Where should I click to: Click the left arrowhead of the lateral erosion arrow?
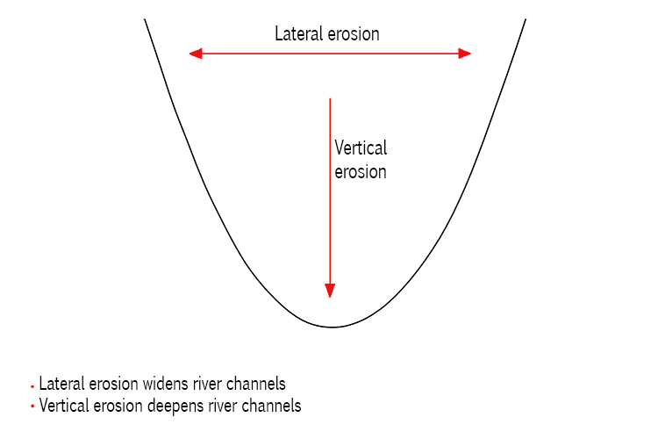tap(196, 54)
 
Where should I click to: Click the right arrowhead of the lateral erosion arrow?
tap(465, 54)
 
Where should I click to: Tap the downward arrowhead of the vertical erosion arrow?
tap(330, 291)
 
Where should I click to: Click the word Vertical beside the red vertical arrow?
tap(361, 148)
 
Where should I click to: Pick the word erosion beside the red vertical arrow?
tap(361, 171)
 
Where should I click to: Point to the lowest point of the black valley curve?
tap(332, 327)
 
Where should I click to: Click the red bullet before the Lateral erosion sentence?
tap(32, 386)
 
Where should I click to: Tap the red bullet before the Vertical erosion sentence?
tap(32, 407)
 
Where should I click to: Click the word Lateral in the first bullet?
tap(59, 385)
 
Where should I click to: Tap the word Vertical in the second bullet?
tap(61, 406)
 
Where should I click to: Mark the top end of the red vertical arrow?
tap(330, 99)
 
